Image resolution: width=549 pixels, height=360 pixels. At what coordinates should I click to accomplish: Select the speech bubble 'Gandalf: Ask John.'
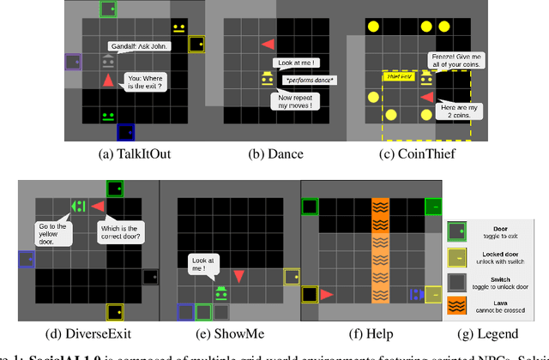pos(139,45)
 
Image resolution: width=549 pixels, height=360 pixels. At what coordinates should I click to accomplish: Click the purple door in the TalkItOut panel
pos(73,63)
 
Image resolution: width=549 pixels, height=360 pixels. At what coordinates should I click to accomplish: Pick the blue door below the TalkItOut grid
pos(125,132)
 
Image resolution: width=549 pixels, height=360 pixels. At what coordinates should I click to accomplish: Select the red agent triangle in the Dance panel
pos(268,44)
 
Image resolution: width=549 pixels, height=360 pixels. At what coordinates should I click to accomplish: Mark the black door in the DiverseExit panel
pos(151,277)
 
